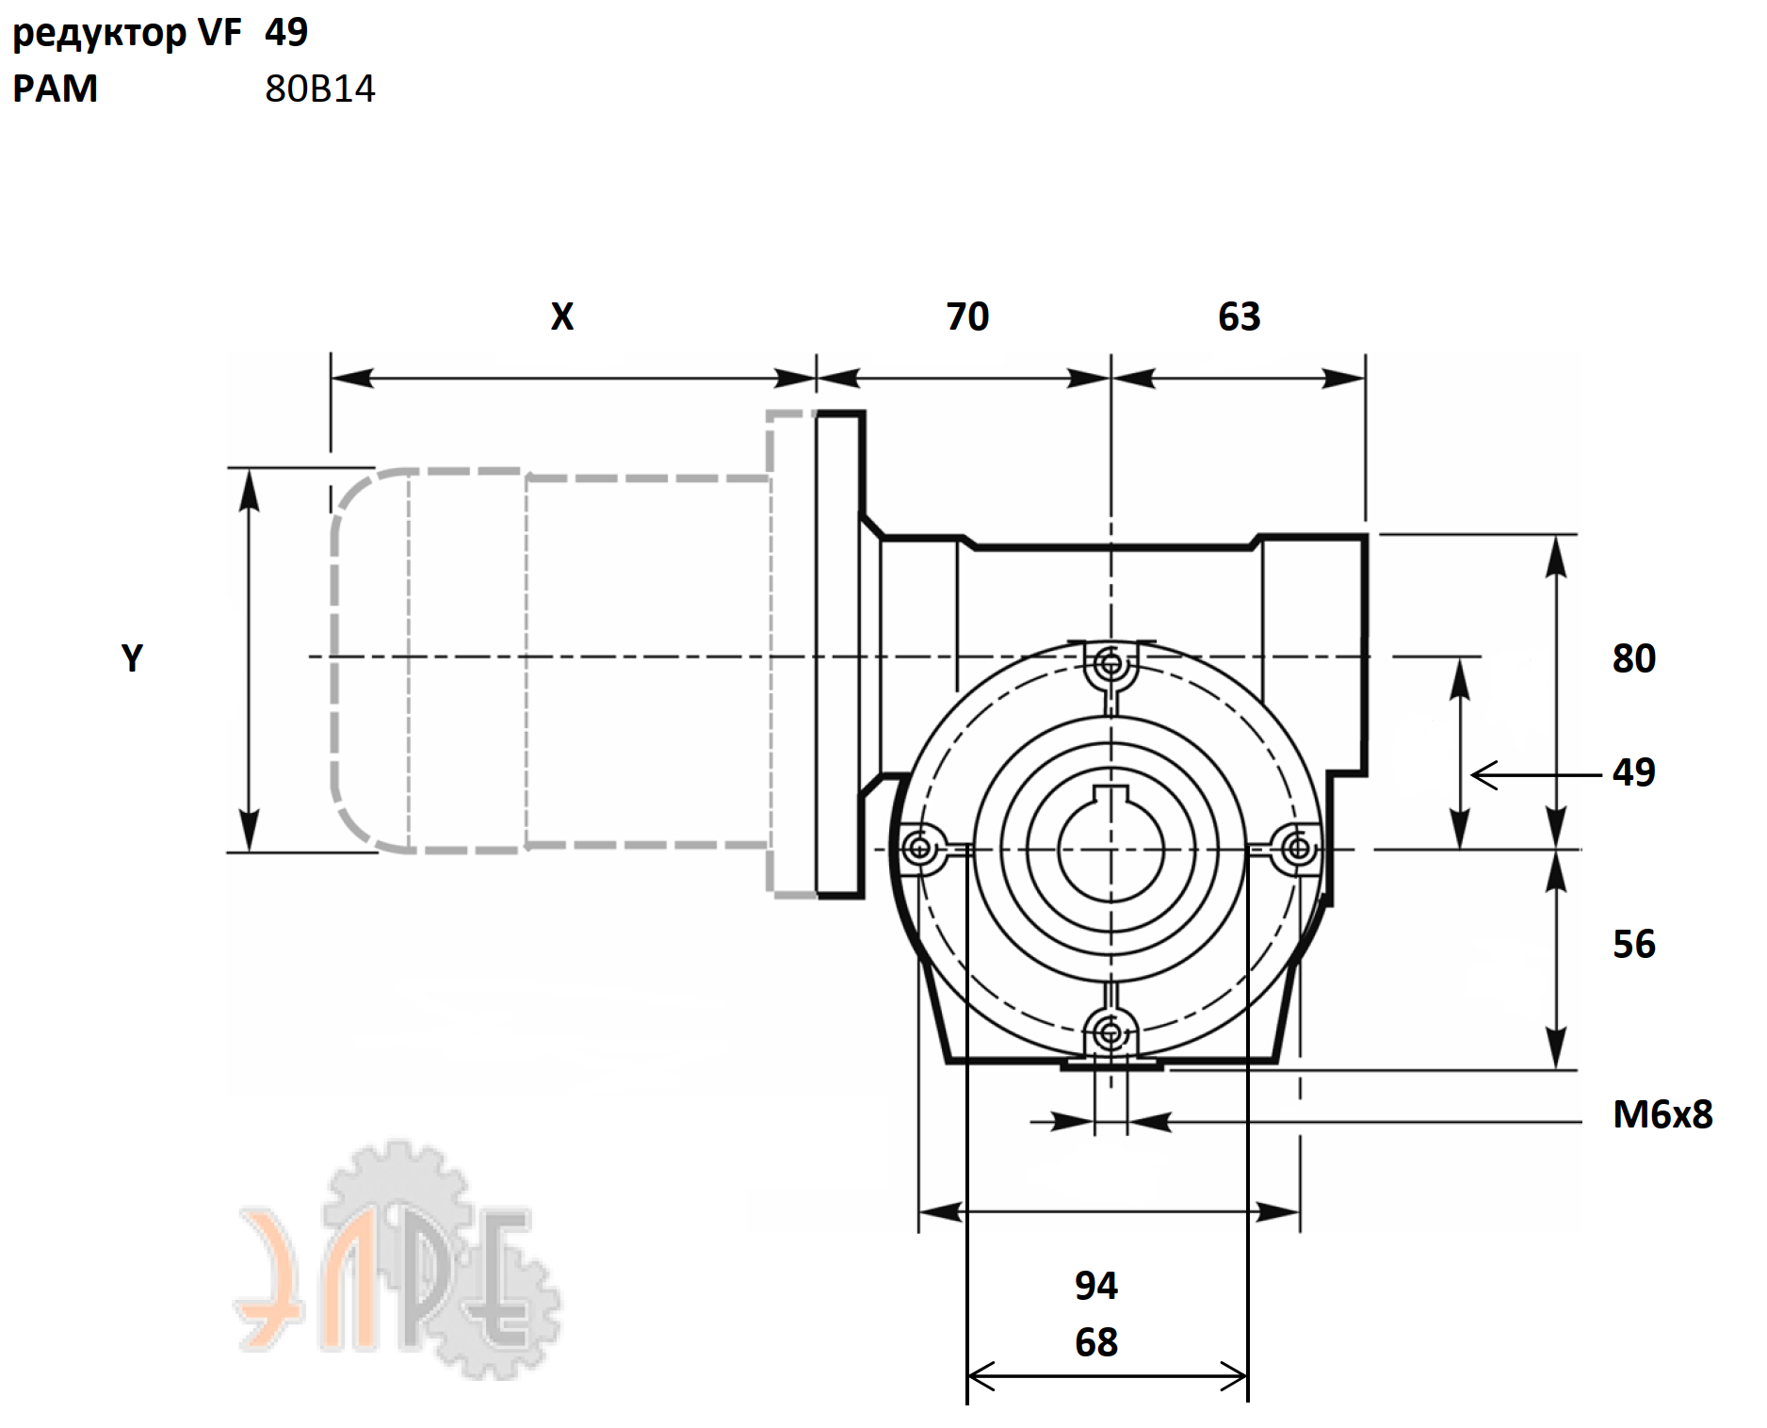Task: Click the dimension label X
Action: pos(562,316)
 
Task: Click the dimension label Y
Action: pos(132,657)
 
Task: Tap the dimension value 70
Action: pos(967,316)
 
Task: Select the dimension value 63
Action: pos(1239,316)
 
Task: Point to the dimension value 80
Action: pos(1634,658)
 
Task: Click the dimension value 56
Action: pos(1634,944)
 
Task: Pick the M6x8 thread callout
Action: pos(1662,1114)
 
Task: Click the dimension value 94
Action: pos(1096,1285)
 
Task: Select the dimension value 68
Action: pos(1096,1342)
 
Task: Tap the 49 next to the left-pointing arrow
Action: pos(1634,772)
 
